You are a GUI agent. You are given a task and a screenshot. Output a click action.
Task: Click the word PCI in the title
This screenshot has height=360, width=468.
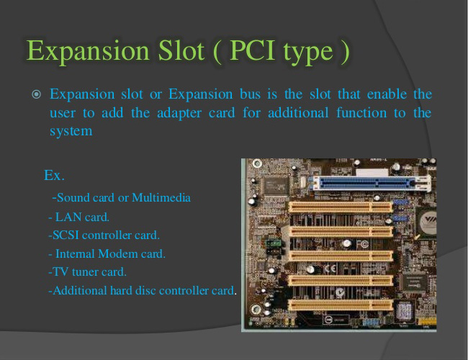(x=253, y=50)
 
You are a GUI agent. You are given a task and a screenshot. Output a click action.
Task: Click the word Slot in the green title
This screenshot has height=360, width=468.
(x=181, y=50)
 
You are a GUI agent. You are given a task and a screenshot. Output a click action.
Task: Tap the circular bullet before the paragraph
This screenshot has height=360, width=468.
(x=37, y=94)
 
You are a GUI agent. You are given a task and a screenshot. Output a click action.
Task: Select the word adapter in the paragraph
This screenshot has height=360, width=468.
(x=179, y=114)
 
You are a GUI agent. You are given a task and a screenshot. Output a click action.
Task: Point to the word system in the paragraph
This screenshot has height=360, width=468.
(x=71, y=131)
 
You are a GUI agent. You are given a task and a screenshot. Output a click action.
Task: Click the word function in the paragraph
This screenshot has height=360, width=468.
(x=361, y=113)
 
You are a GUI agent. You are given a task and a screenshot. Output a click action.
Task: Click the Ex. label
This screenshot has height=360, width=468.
(x=54, y=175)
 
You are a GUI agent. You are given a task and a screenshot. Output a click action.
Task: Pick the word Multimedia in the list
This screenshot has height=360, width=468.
(x=161, y=197)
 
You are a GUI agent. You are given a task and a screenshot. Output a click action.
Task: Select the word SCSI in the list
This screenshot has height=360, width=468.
(x=66, y=235)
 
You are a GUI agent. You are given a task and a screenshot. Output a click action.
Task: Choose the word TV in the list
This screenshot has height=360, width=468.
(x=60, y=272)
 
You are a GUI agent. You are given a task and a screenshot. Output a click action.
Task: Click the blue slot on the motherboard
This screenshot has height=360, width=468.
(x=370, y=183)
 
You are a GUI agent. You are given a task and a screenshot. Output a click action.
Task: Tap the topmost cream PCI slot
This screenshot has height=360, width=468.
(x=341, y=207)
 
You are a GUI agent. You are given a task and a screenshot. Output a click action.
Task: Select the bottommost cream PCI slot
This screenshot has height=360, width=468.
(x=341, y=305)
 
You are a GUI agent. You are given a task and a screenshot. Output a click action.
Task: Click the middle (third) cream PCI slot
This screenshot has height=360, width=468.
(x=341, y=256)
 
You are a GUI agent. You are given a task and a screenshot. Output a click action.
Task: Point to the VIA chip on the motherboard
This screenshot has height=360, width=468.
(x=428, y=222)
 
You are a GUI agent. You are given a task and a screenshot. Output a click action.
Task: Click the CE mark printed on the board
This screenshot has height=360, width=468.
(x=330, y=269)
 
